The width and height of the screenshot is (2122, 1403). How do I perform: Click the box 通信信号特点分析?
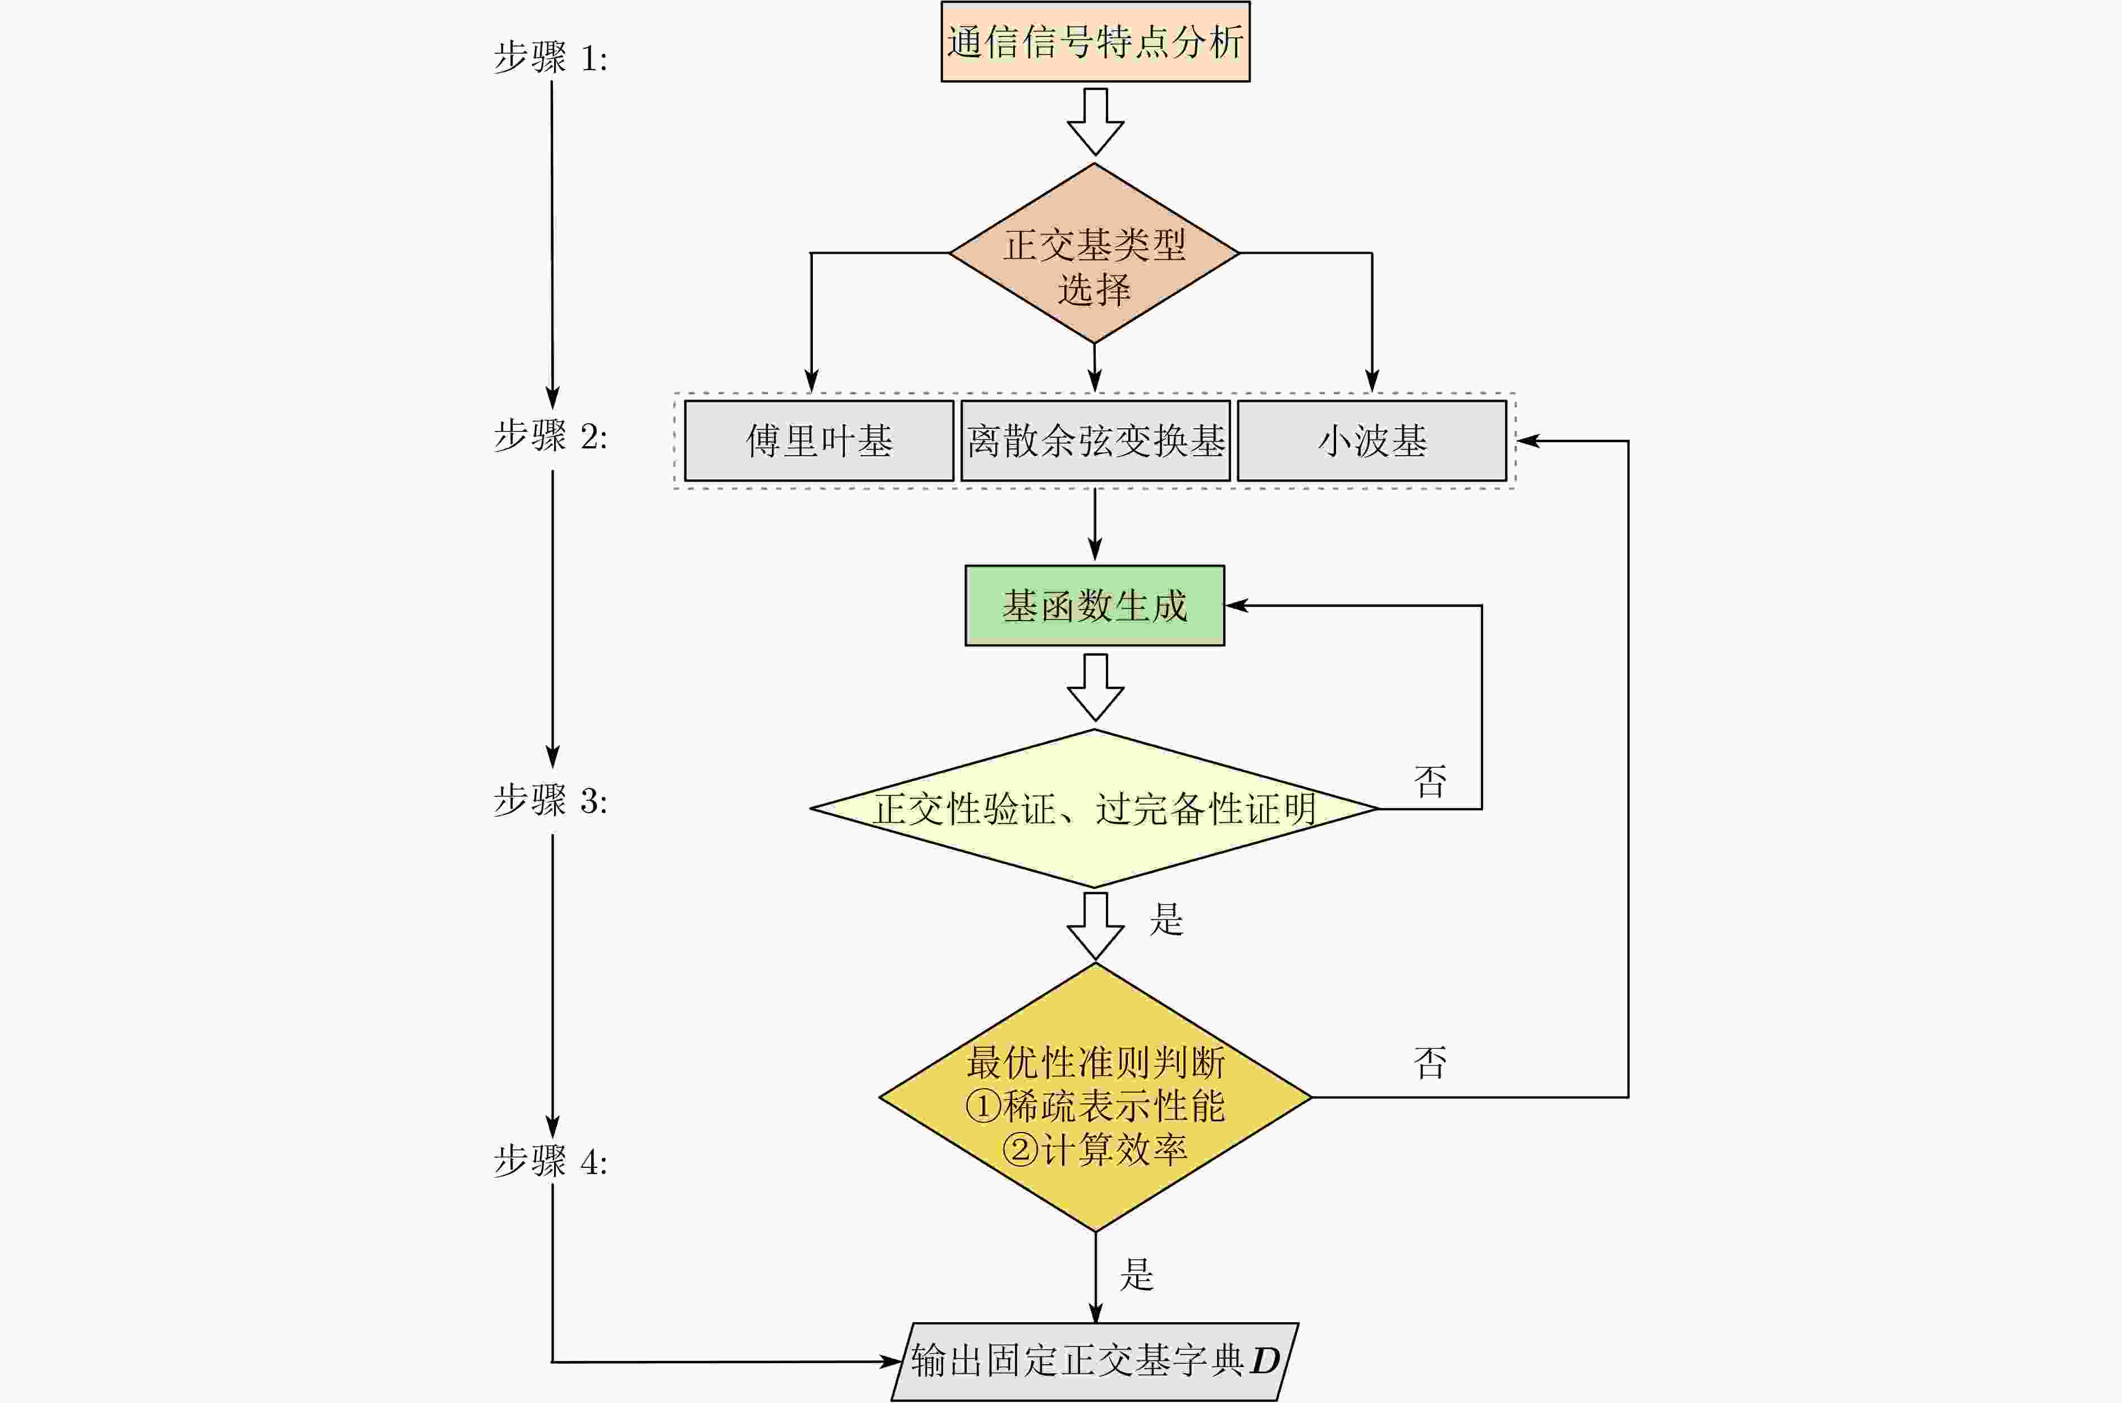(1095, 42)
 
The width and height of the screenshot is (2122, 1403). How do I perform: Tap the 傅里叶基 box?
(819, 440)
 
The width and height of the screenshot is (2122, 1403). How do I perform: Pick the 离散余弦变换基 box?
(1095, 440)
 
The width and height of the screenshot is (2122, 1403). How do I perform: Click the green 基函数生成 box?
(1095, 606)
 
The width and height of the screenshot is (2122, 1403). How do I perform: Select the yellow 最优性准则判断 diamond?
(1095, 1097)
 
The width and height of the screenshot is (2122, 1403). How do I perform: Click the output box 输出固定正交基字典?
(1095, 1361)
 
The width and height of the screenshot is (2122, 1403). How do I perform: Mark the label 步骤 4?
(550, 1162)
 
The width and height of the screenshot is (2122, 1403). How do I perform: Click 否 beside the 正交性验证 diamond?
(1429, 782)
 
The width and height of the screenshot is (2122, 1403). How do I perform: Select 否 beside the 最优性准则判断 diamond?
(1429, 1063)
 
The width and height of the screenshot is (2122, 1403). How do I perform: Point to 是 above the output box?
(1137, 1274)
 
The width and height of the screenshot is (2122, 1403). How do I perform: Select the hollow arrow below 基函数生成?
(1095, 687)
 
